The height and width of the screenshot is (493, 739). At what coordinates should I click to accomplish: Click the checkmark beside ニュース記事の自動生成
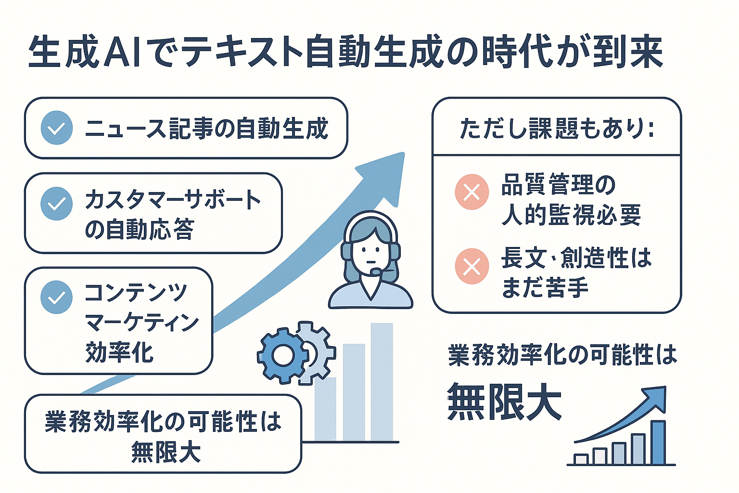(57, 128)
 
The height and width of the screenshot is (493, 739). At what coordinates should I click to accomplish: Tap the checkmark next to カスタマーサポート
(56, 204)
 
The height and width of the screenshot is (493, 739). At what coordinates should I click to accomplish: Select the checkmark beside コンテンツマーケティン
(56, 297)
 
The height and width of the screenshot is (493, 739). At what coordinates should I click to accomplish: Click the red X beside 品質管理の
(472, 192)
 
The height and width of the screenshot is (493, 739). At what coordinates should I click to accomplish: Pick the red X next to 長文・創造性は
(472, 266)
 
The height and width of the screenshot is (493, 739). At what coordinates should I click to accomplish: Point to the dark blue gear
(283, 356)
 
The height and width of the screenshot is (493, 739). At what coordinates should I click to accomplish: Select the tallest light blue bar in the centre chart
(382, 382)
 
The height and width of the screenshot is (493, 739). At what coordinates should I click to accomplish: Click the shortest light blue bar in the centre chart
(325, 409)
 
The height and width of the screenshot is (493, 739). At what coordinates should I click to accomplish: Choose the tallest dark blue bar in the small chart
(659, 442)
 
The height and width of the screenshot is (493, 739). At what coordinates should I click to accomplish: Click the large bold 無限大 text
(504, 402)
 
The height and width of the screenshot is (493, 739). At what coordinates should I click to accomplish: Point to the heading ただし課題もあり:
(557, 128)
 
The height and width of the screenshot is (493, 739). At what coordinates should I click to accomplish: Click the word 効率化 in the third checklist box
(119, 352)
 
